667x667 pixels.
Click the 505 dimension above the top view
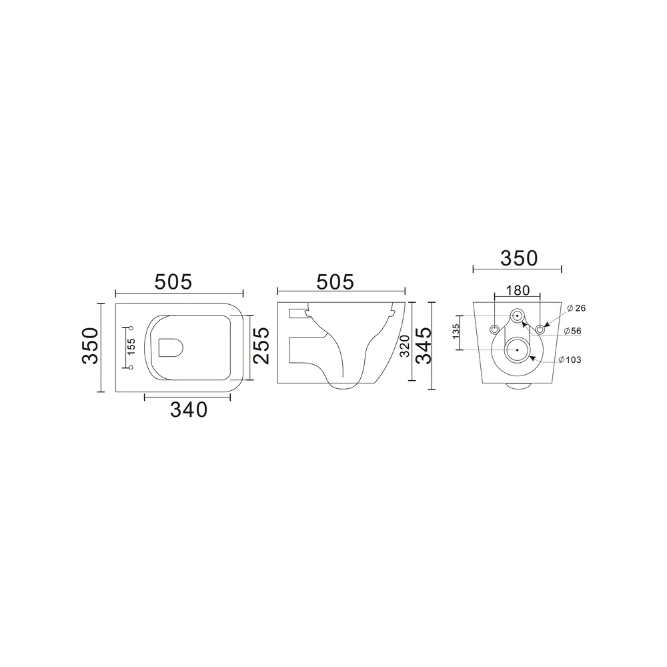173,281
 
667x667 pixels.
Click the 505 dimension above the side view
336,281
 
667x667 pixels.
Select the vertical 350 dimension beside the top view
90,346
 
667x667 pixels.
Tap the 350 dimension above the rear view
519,258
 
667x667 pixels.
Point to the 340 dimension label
189,410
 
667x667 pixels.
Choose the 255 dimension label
261,346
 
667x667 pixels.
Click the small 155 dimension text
131,347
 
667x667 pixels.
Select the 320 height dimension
405,346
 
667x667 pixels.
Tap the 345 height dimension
424,346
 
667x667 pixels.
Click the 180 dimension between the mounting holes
518,290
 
